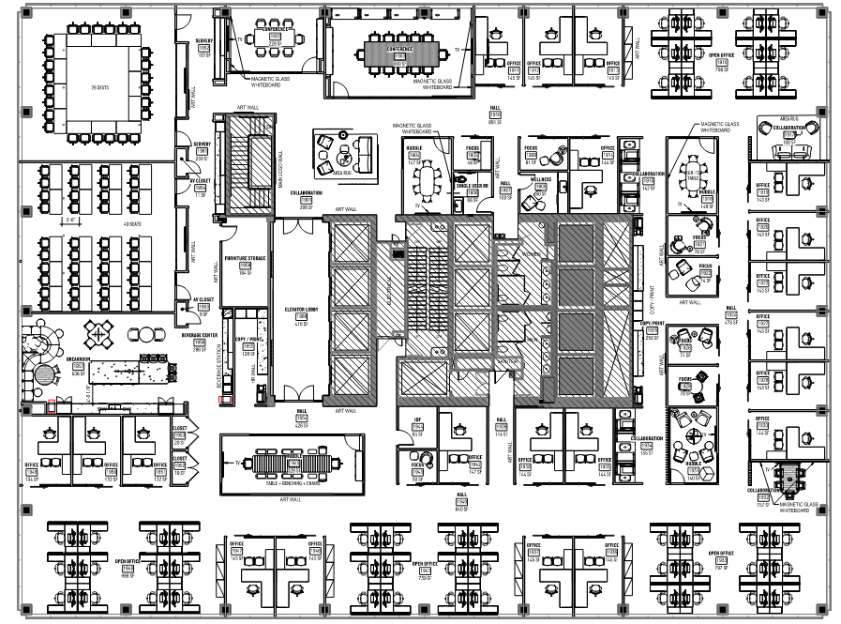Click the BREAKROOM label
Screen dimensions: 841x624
(x=79, y=358)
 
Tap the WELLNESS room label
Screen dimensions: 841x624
(x=541, y=177)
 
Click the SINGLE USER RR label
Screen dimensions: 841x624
(x=473, y=186)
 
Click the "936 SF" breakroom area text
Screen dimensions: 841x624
(x=79, y=373)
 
